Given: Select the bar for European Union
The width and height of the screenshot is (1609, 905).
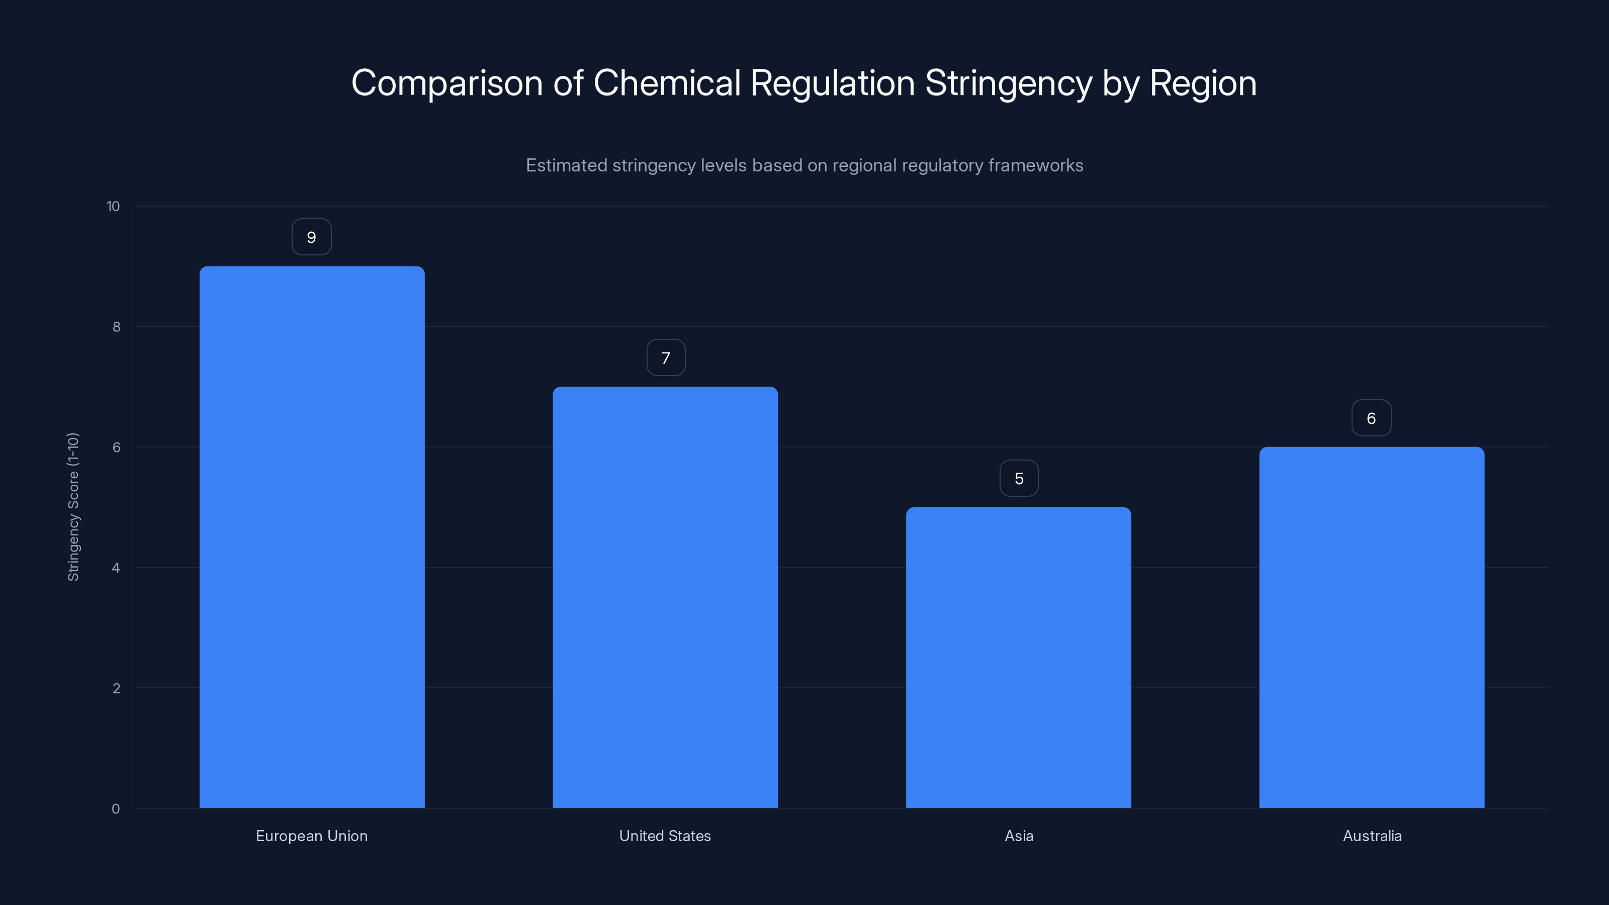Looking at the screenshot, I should pyautogui.click(x=312, y=537).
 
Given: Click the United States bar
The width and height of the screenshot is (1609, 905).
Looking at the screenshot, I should pyautogui.click(x=665, y=597).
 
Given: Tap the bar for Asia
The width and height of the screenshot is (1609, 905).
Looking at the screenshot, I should pyautogui.click(x=1018, y=657).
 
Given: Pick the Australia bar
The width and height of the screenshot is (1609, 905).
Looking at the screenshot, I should pyautogui.click(x=1372, y=627).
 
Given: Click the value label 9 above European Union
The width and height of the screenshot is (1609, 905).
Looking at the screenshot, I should pyautogui.click(x=312, y=237).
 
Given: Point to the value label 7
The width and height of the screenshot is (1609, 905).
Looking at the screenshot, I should pyautogui.click(x=666, y=358).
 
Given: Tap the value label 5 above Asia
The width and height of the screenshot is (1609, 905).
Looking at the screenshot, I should pyautogui.click(x=1019, y=479).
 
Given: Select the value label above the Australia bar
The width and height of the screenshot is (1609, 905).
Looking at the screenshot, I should pyautogui.click(x=1371, y=418).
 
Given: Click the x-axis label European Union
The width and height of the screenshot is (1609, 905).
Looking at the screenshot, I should pyautogui.click(x=312, y=836).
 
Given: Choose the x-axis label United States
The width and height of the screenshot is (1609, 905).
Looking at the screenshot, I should pyautogui.click(x=665, y=836).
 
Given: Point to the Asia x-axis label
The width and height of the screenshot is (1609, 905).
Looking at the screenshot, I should pyautogui.click(x=1019, y=836).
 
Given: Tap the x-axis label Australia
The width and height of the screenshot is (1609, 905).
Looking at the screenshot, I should pyautogui.click(x=1372, y=836).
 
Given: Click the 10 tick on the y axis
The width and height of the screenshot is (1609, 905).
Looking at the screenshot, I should pyautogui.click(x=113, y=206).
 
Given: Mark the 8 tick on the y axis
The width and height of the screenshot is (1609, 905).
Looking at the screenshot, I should pyautogui.click(x=116, y=327).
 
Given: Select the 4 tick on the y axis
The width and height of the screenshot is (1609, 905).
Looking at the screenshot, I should pyautogui.click(x=116, y=568).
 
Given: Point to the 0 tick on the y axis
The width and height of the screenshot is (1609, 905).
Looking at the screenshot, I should pyautogui.click(x=116, y=809).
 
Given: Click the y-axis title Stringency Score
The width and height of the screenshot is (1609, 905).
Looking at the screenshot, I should pyautogui.click(x=73, y=506).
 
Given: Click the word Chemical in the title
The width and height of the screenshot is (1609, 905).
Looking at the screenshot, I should pyautogui.click(x=666, y=83).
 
